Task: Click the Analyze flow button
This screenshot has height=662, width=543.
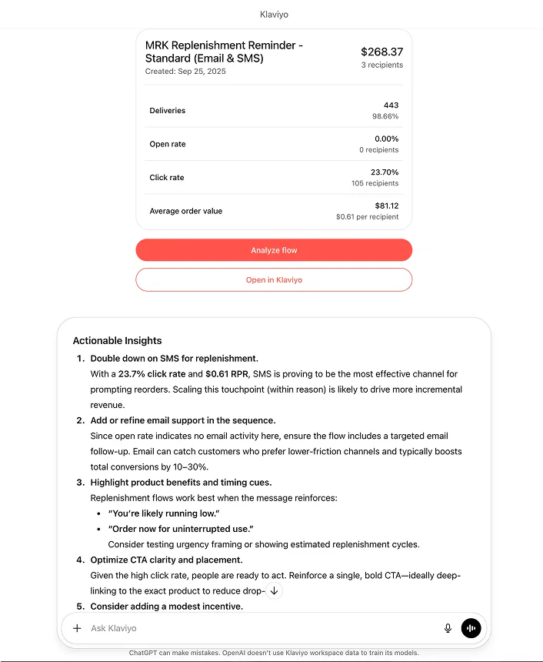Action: pyautogui.click(x=274, y=250)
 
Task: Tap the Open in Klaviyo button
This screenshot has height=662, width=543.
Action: pyautogui.click(x=274, y=280)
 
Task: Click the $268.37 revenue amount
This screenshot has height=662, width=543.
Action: pyautogui.click(x=381, y=52)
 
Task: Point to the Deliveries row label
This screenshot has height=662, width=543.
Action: pyautogui.click(x=168, y=111)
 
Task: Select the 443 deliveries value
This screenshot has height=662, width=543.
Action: pyautogui.click(x=391, y=105)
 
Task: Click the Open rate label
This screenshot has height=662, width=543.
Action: pyautogui.click(x=168, y=144)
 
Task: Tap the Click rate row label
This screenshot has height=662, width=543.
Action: pyautogui.click(x=167, y=178)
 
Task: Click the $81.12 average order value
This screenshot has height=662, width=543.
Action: pyautogui.click(x=387, y=206)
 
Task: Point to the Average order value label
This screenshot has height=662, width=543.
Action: pyautogui.click(x=185, y=211)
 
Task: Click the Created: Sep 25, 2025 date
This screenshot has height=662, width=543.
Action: pyautogui.click(x=185, y=72)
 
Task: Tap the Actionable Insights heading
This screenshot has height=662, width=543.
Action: pyautogui.click(x=117, y=340)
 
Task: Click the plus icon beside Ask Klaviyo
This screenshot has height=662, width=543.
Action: pyautogui.click(x=77, y=628)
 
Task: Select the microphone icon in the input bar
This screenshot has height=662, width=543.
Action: pyautogui.click(x=448, y=628)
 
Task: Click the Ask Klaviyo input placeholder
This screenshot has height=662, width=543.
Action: pyautogui.click(x=114, y=628)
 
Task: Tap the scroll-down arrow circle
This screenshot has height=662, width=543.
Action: pyautogui.click(x=275, y=591)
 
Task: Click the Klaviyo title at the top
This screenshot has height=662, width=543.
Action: pyautogui.click(x=275, y=15)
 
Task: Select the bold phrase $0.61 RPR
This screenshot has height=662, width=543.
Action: pyautogui.click(x=228, y=374)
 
